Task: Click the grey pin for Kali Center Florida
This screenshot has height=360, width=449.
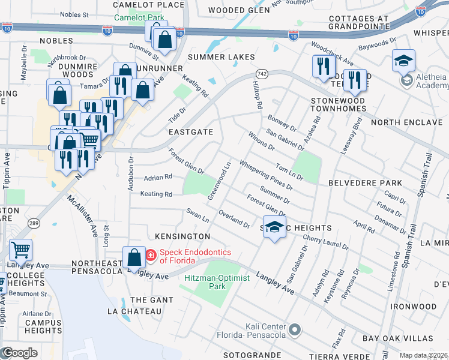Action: (295, 329)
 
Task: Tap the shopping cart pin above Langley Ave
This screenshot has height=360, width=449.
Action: (20, 249)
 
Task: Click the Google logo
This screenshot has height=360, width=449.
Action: (19, 353)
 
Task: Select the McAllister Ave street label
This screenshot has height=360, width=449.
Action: (82, 215)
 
